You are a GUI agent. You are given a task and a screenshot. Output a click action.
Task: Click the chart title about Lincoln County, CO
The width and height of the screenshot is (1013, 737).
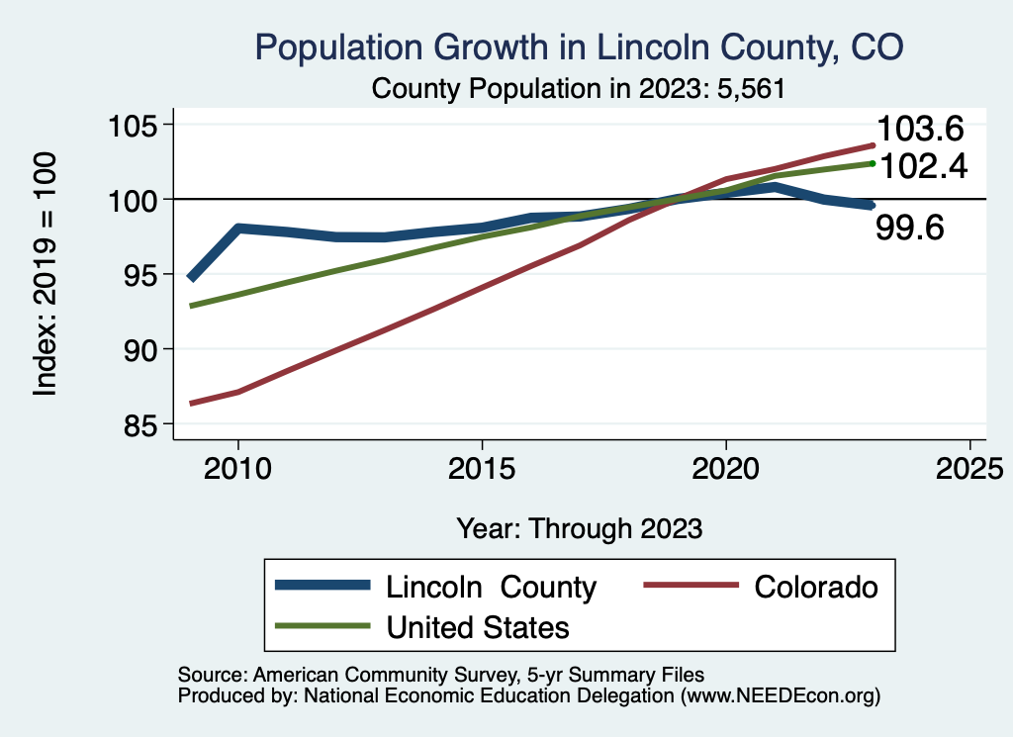pos(580,46)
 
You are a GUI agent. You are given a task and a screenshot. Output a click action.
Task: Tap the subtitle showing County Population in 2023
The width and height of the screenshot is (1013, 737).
pos(578,89)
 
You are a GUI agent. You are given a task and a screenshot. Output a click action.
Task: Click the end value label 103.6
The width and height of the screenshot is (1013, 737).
pos(920,129)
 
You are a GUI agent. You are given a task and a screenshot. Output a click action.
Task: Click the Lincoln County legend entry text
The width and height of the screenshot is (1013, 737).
pos(491,587)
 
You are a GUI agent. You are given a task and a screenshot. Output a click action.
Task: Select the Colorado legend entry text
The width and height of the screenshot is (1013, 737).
pos(816,587)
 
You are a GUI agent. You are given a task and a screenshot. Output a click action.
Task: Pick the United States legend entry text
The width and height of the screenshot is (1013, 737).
pos(478,626)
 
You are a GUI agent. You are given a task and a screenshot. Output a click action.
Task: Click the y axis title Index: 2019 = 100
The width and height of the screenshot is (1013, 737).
pos(46,274)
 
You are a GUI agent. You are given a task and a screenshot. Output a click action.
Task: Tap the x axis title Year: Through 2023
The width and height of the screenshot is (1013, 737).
pos(580,528)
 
